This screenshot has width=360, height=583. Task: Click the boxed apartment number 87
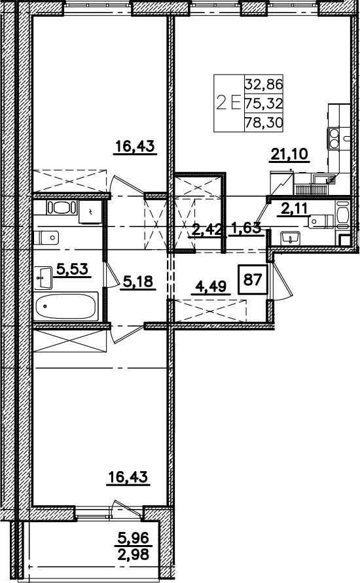pos(253,279)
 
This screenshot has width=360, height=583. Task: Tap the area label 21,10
pos(289,154)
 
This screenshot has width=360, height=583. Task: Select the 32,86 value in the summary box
pos(264,84)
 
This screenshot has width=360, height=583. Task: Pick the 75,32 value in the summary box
pos(264,103)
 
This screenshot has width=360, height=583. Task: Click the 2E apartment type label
pos(228,103)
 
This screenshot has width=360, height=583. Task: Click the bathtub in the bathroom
pos(66,306)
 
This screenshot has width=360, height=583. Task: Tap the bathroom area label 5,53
pos(73,268)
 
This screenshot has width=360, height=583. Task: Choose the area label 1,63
pos(247,228)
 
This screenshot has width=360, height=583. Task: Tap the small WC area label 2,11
pos(295,209)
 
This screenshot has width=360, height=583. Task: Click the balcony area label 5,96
pos(133,537)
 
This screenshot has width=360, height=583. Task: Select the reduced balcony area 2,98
pos(133,554)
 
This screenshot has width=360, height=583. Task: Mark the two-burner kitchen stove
pos(333,138)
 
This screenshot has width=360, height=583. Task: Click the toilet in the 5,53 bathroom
pos(46,237)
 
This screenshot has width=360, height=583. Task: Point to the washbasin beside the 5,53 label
pos(43,277)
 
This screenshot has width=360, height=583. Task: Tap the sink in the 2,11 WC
pos(291,238)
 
